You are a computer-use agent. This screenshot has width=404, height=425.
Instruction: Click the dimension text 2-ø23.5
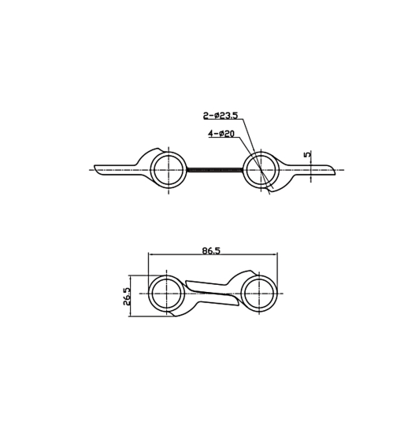(221, 116)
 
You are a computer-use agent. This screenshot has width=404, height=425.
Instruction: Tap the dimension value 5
(307, 155)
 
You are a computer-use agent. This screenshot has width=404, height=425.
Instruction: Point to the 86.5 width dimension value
(211, 250)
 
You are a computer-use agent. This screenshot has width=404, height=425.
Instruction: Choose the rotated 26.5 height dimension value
(126, 297)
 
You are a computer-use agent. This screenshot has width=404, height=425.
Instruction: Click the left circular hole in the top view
(168, 169)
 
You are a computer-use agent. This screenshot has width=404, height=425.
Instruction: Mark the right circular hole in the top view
(261, 169)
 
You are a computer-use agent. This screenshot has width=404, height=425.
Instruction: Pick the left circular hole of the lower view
(166, 294)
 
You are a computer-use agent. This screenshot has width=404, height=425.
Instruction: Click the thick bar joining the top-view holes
(214, 169)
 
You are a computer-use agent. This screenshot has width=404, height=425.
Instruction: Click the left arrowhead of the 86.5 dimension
(150, 255)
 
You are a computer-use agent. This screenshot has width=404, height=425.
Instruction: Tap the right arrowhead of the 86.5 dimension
(276, 255)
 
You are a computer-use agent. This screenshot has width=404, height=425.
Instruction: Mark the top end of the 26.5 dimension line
(132, 276)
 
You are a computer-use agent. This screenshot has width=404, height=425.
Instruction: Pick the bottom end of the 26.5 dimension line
(132, 316)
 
